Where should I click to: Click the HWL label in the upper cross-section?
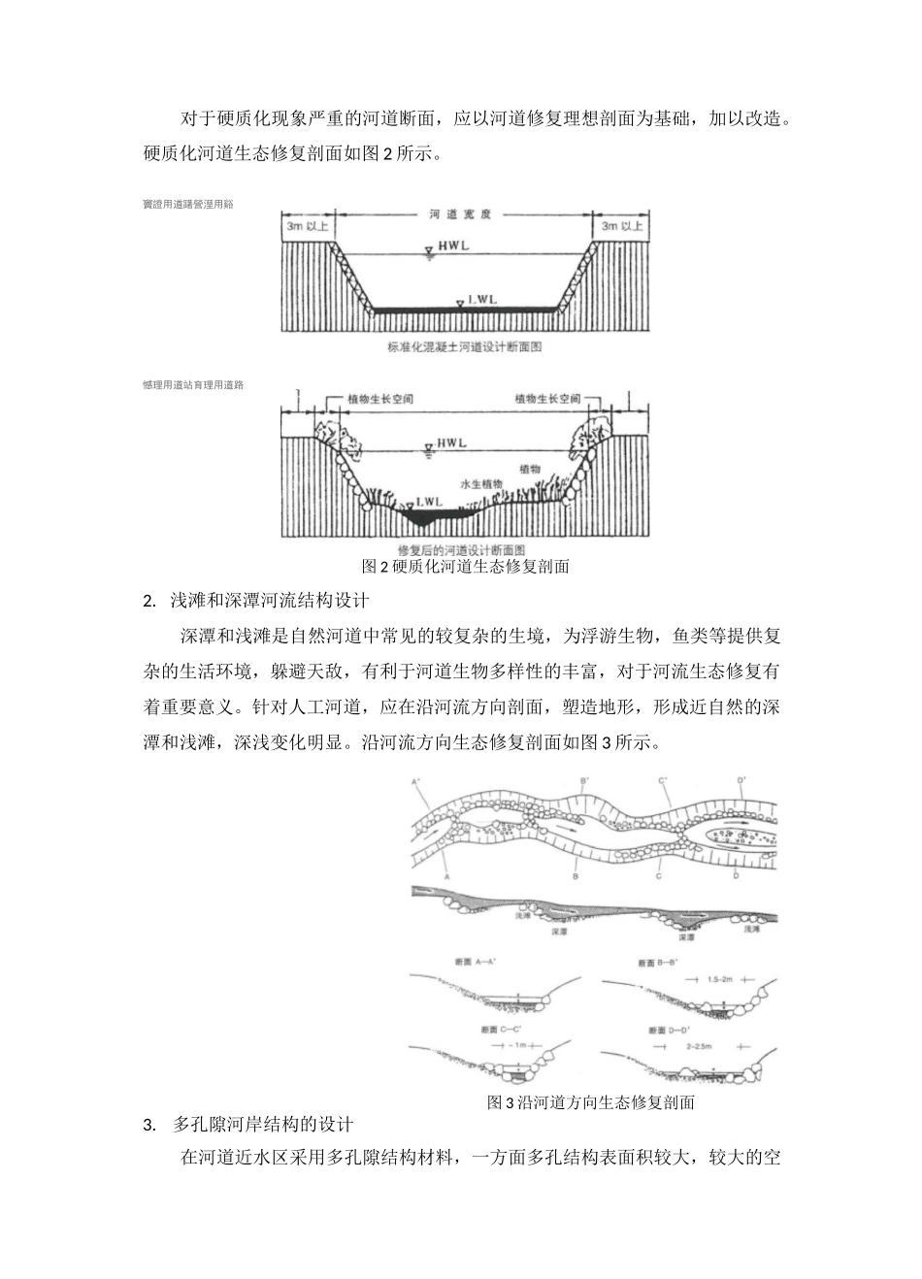452,246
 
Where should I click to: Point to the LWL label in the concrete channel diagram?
481,301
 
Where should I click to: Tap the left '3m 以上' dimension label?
308,226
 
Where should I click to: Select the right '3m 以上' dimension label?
621,226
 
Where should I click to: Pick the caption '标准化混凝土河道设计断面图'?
463,346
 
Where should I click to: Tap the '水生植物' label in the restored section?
481,482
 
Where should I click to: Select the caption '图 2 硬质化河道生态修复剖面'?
465,567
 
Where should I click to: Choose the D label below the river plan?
736,876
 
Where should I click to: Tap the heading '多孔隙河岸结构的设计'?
263,1125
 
